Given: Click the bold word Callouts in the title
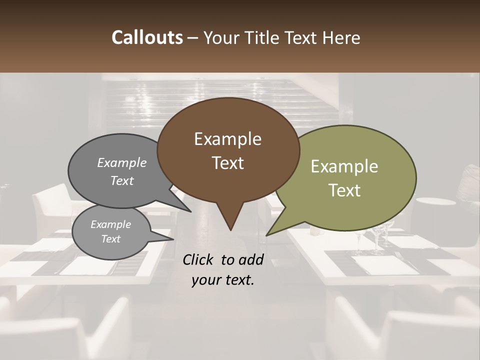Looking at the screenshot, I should point(147,37).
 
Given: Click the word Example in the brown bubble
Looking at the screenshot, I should point(227,139).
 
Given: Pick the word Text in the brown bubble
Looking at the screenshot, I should point(227,163).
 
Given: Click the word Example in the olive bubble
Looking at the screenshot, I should point(344,166).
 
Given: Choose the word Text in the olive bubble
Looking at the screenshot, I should point(344,190).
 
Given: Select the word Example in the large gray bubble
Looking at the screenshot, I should point(122,162).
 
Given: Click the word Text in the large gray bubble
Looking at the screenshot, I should point(122,180).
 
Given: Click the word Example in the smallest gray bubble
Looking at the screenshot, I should point(110,224).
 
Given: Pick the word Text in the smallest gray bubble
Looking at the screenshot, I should point(110,239).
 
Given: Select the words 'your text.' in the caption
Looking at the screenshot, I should point(223,280).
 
